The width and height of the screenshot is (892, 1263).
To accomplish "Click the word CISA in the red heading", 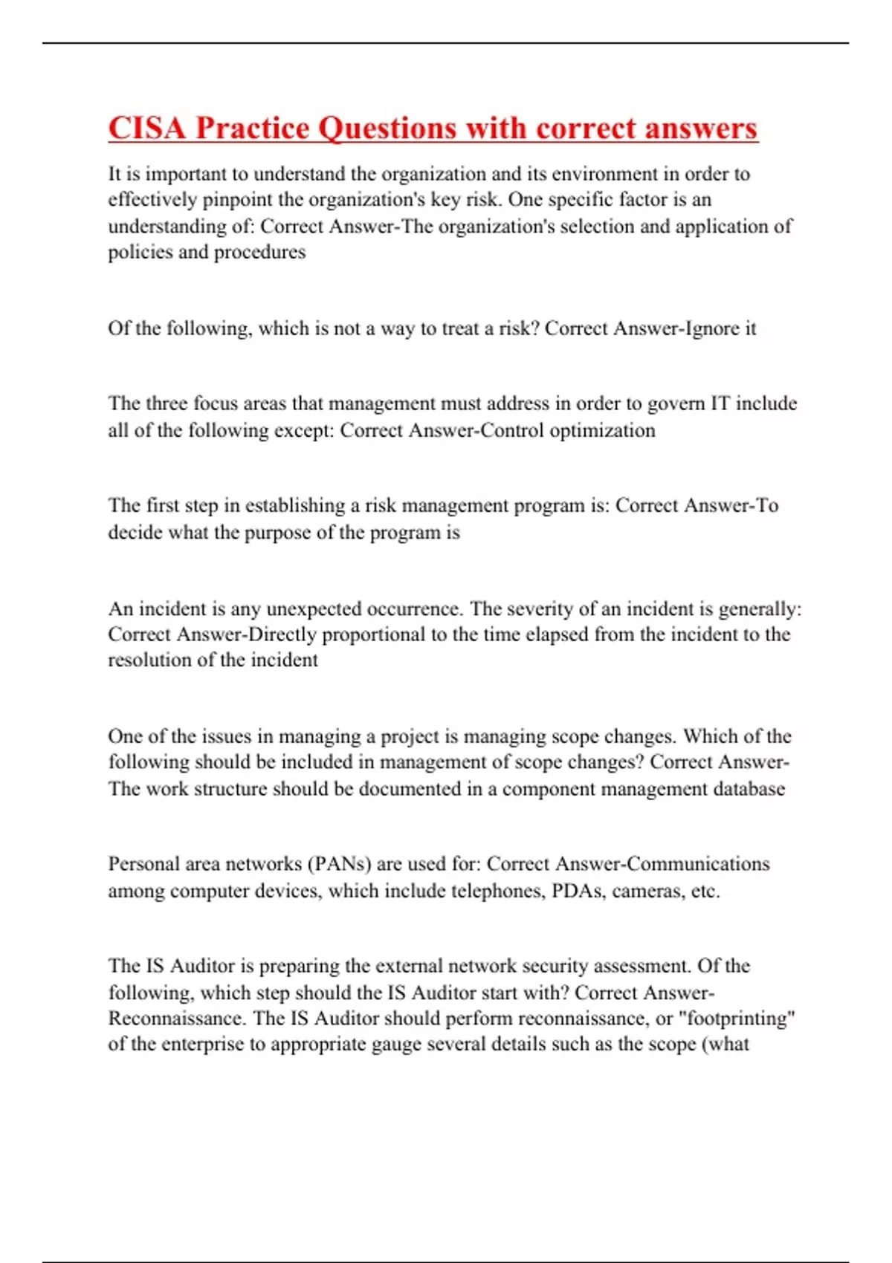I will click(x=146, y=128).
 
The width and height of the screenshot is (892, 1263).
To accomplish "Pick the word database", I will click(x=749, y=788).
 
